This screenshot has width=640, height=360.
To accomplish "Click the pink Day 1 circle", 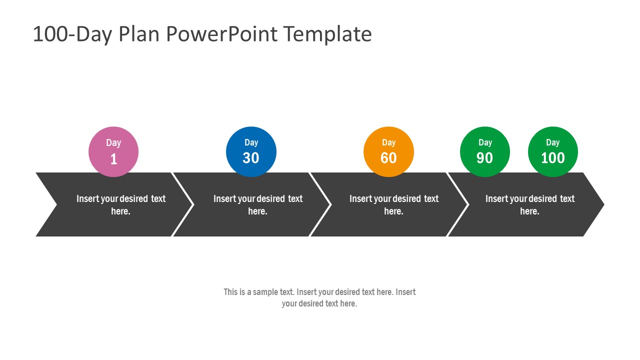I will [x=113, y=151].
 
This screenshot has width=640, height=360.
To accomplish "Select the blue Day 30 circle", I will [x=251, y=151].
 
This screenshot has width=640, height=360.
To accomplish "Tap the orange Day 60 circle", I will [x=388, y=151].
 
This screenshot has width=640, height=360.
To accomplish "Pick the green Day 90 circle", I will [x=485, y=151].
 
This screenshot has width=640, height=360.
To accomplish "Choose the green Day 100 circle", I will [x=553, y=151].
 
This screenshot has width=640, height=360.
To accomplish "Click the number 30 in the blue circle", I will [x=251, y=158].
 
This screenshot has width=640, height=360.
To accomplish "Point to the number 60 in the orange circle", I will [x=388, y=158].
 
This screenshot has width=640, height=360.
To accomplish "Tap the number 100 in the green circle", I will [x=553, y=158].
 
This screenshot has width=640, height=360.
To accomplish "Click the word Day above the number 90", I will [x=485, y=142].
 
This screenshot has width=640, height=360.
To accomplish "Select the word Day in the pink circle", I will [x=113, y=142].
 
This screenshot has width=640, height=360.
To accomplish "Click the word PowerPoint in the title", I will [x=221, y=34].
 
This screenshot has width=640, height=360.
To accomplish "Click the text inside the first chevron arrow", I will [x=120, y=205].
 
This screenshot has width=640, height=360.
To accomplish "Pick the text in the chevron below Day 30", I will [x=257, y=205].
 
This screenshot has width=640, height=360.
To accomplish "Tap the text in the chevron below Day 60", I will [x=393, y=205].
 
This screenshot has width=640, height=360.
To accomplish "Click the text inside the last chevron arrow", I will [x=529, y=205].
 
